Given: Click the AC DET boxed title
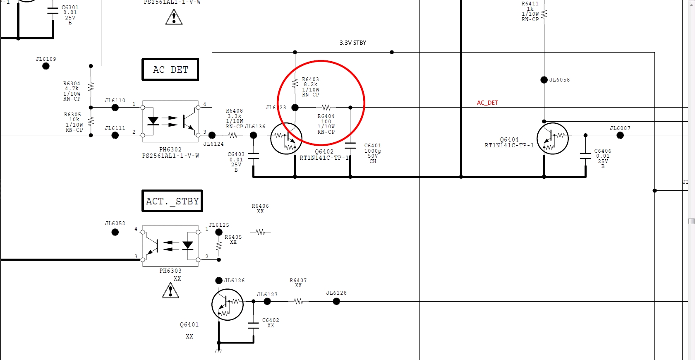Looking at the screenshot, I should (x=170, y=70).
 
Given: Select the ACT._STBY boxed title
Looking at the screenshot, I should (x=172, y=201).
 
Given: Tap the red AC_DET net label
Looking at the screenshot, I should (x=487, y=103).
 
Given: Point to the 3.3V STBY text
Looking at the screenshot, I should (x=352, y=43).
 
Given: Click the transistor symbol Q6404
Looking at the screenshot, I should (x=552, y=139).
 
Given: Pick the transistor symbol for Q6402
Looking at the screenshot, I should (x=286, y=139).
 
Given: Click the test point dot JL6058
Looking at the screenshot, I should (x=544, y=80).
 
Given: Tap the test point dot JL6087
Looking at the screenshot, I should (x=620, y=135).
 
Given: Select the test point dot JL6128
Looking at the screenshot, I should (x=336, y=302).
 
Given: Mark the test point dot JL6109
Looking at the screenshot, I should (x=46, y=66).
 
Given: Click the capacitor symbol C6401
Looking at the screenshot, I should (x=350, y=145).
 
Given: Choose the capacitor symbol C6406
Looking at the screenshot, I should (x=585, y=156).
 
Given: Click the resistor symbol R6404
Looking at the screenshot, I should (x=326, y=108).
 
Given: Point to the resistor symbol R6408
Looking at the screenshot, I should (x=233, y=135).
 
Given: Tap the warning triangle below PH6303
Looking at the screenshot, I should (x=170, y=290).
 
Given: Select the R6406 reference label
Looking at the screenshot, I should (x=260, y=206).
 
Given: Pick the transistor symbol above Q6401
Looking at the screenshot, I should (x=227, y=305).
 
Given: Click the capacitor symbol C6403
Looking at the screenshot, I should (x=253, y=156).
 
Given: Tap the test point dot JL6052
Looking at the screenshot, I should (x=115, y=232).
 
